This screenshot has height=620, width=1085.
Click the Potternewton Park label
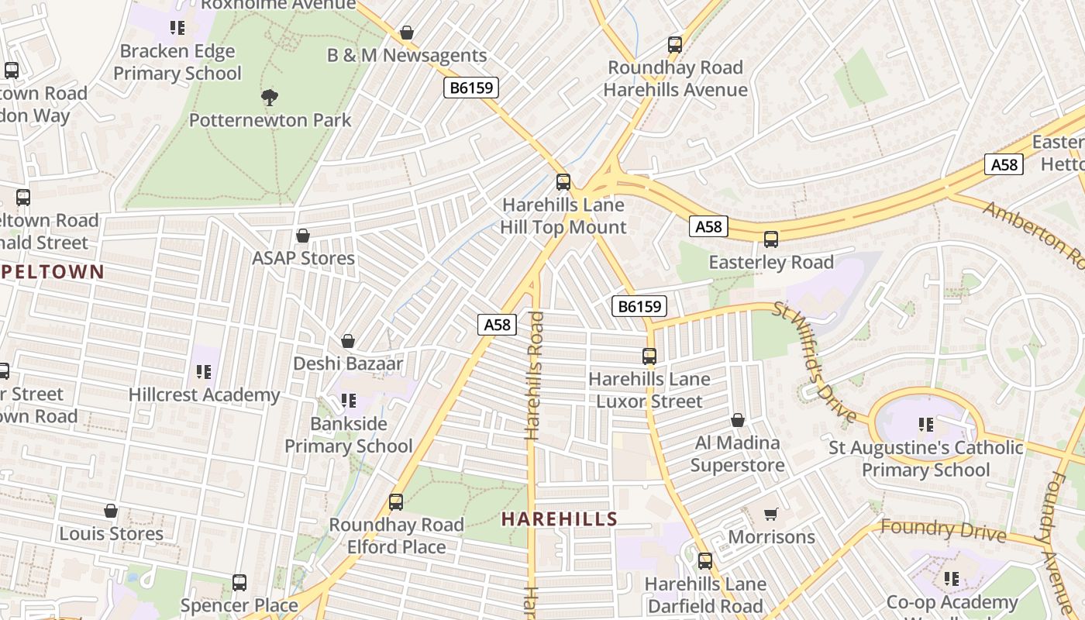(x=270, y=120)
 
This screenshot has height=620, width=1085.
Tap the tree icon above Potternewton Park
(x=270, y=98)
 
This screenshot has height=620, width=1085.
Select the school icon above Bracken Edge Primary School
(x=177, y=28)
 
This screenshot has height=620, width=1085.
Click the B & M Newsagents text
(x=407, y=56)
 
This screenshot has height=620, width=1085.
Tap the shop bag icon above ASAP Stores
(x=303, y=236)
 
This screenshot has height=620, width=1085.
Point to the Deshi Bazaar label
(x=348, y=363)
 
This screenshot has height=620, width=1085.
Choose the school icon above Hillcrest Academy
(x=204, y=372)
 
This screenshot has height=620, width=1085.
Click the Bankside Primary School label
(x=349, y=435)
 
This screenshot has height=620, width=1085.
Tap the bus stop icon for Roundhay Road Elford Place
(x=396, y=502)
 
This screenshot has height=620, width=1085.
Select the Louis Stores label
(x=112, y=534)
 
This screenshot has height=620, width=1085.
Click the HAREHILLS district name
(x=560, y=519)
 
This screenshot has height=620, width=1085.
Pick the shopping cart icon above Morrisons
(x=771, y=515)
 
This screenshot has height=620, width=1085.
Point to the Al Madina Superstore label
(x=737, y=454)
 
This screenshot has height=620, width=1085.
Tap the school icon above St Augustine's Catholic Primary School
(x=925, y=425)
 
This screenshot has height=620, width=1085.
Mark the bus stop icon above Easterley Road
(x=770, y=239)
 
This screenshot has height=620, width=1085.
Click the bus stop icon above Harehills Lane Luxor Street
(x=649, y=356)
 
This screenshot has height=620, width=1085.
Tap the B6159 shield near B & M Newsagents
(x=471, y=88)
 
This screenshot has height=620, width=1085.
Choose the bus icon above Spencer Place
(x=239, y=583)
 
